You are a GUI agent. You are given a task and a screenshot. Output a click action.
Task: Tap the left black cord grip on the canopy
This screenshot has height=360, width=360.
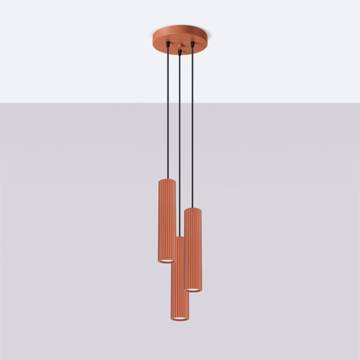pyautogui.click(x=167, y=46)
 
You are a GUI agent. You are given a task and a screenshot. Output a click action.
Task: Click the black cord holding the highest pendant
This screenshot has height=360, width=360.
pyautogui.click(x=167, y=115)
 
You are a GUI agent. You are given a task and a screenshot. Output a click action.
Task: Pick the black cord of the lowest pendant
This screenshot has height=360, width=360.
pyautogui.click(x=180, y=147)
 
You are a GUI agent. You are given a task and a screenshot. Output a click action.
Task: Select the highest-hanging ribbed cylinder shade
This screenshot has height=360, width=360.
pyautogui.click(x=167, y=220)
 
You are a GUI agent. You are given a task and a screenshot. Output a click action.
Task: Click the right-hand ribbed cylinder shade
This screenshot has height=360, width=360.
pyautogui.click(x=193, y=249)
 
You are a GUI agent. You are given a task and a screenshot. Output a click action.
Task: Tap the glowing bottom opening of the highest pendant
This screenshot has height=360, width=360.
pyautogui.click(x=167, y=260)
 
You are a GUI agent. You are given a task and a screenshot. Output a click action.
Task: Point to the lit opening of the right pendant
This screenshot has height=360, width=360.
pyautogui.click(x=193, y=289)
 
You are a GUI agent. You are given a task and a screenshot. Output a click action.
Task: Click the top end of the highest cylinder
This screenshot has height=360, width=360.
pyautogui.click(x=167, y=181)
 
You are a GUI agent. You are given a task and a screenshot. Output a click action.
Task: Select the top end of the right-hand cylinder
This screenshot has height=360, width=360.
pyautogui.click(x=193, y=209)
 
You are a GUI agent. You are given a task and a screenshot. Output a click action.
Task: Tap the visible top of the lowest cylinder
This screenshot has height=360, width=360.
pyautogui.click(x=179, y=239)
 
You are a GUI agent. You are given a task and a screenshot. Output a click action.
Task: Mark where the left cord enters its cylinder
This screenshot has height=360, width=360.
pyautogui.click(x=167, y=179)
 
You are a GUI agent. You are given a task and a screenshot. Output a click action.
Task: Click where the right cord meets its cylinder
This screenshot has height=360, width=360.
pyautogui.click(x=193, y=208)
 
